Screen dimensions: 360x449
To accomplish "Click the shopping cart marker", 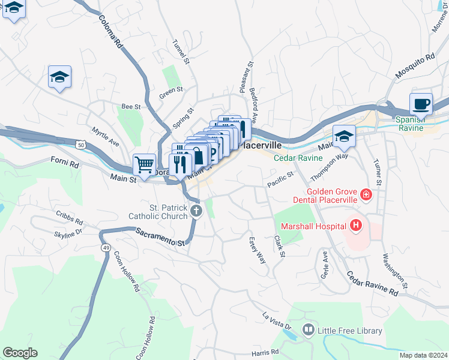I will tap(144, 164).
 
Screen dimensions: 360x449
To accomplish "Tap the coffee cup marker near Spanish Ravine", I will tap(421, 104).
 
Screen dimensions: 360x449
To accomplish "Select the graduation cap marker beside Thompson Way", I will tap(345, 137).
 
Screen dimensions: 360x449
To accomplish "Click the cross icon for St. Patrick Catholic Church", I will tap(196, 211).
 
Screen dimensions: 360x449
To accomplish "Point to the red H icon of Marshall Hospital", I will tap(356, 226).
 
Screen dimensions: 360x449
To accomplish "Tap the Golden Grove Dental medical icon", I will tap(366, 195).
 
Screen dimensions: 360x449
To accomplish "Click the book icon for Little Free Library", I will tap(308, 329).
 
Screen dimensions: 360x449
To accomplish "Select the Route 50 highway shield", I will tap(80, 145).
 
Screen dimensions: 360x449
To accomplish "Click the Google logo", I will tap(20, 353).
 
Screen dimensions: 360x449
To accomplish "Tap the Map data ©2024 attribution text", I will tap(423, 355).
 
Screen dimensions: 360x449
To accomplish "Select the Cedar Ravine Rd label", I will tap(372, 284).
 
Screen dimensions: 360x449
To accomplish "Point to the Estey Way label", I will tap(257, 250).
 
